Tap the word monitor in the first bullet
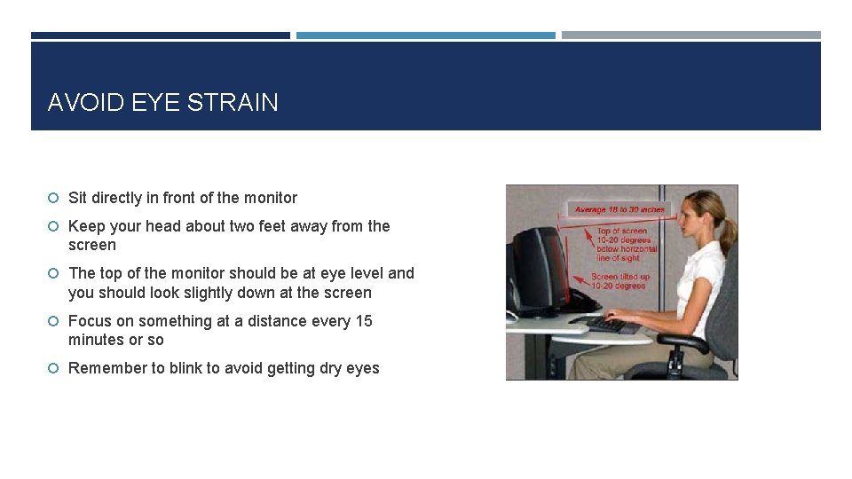(x=270, y=198)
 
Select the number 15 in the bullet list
(x=364, y=321)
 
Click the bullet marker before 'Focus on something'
(x=54, y=321)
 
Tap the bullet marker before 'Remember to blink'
(x=54, y=368)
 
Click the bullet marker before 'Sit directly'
(x=54, y=198)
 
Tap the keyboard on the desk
(x=608, y=325)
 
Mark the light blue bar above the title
(x=426, y=35)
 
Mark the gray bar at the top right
(x=690, y=35)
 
